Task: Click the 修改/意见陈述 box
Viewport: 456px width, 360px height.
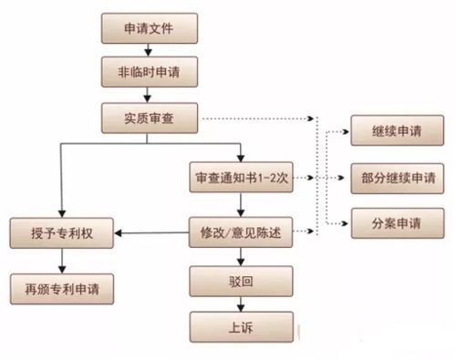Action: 241,232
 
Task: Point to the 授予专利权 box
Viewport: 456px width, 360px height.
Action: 61,232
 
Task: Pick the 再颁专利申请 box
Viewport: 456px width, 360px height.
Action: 61,291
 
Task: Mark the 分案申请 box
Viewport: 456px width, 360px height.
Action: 392,221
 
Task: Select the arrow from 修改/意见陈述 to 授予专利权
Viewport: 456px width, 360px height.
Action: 150,233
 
